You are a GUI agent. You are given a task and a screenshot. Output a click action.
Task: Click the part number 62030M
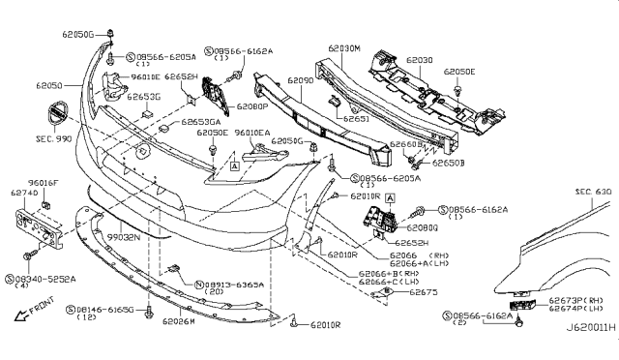(x=343, y=46)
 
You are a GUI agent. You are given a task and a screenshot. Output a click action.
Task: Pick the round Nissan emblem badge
(x=58, y=116)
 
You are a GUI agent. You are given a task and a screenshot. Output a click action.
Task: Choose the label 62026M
(x=180, y=320)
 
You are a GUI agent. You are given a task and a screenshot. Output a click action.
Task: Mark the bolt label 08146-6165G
(x=105, y=309)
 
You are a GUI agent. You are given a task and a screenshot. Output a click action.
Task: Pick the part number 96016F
(x=44, y=181)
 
